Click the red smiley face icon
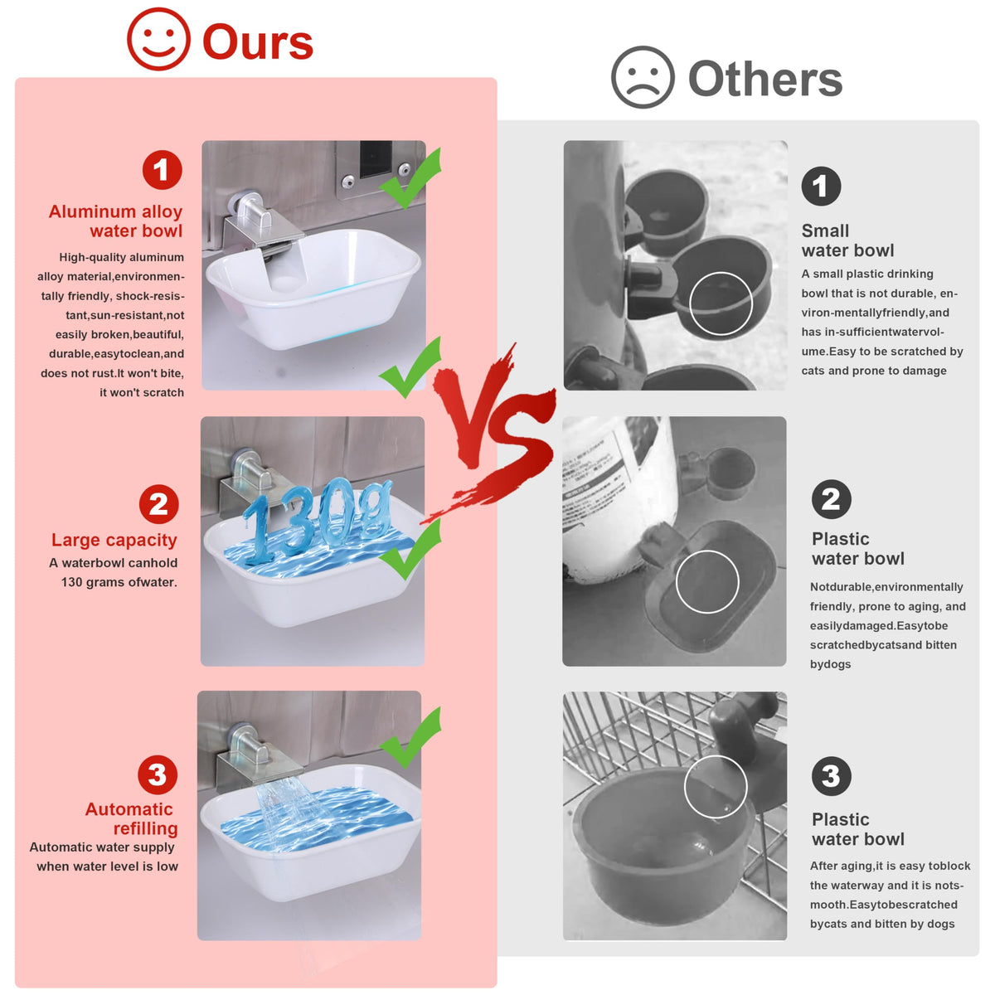click(158, 39)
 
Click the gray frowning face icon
click(643, 77)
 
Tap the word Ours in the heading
click(258, 41)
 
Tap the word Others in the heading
click(764, 79)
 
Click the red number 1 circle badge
click(163, 170)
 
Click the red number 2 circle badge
click(158, 504)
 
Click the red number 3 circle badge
click(157, 774)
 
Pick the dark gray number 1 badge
click(821, 186)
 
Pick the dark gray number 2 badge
click(832, 499)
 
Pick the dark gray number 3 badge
click(832, 776)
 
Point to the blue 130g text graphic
click(316, 519)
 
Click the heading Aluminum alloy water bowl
click(115, 221)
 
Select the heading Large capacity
click(114, 540)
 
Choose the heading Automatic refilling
click(132, 818)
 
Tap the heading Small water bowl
click(847, 240)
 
